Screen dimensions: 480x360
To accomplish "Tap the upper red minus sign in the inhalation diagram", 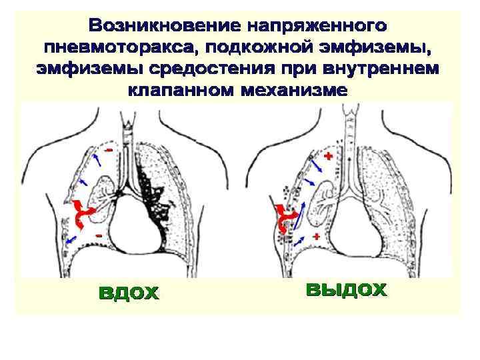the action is pos(108,151).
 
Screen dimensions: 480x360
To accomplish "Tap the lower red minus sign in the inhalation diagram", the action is pos(98,236).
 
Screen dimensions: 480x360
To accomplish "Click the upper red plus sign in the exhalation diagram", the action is pos(327,155).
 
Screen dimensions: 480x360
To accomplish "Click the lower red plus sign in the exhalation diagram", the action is pos(315,236).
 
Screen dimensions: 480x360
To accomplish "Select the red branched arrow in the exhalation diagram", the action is pos(286,217).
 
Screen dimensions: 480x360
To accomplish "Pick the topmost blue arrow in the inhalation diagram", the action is pos(97,158).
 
